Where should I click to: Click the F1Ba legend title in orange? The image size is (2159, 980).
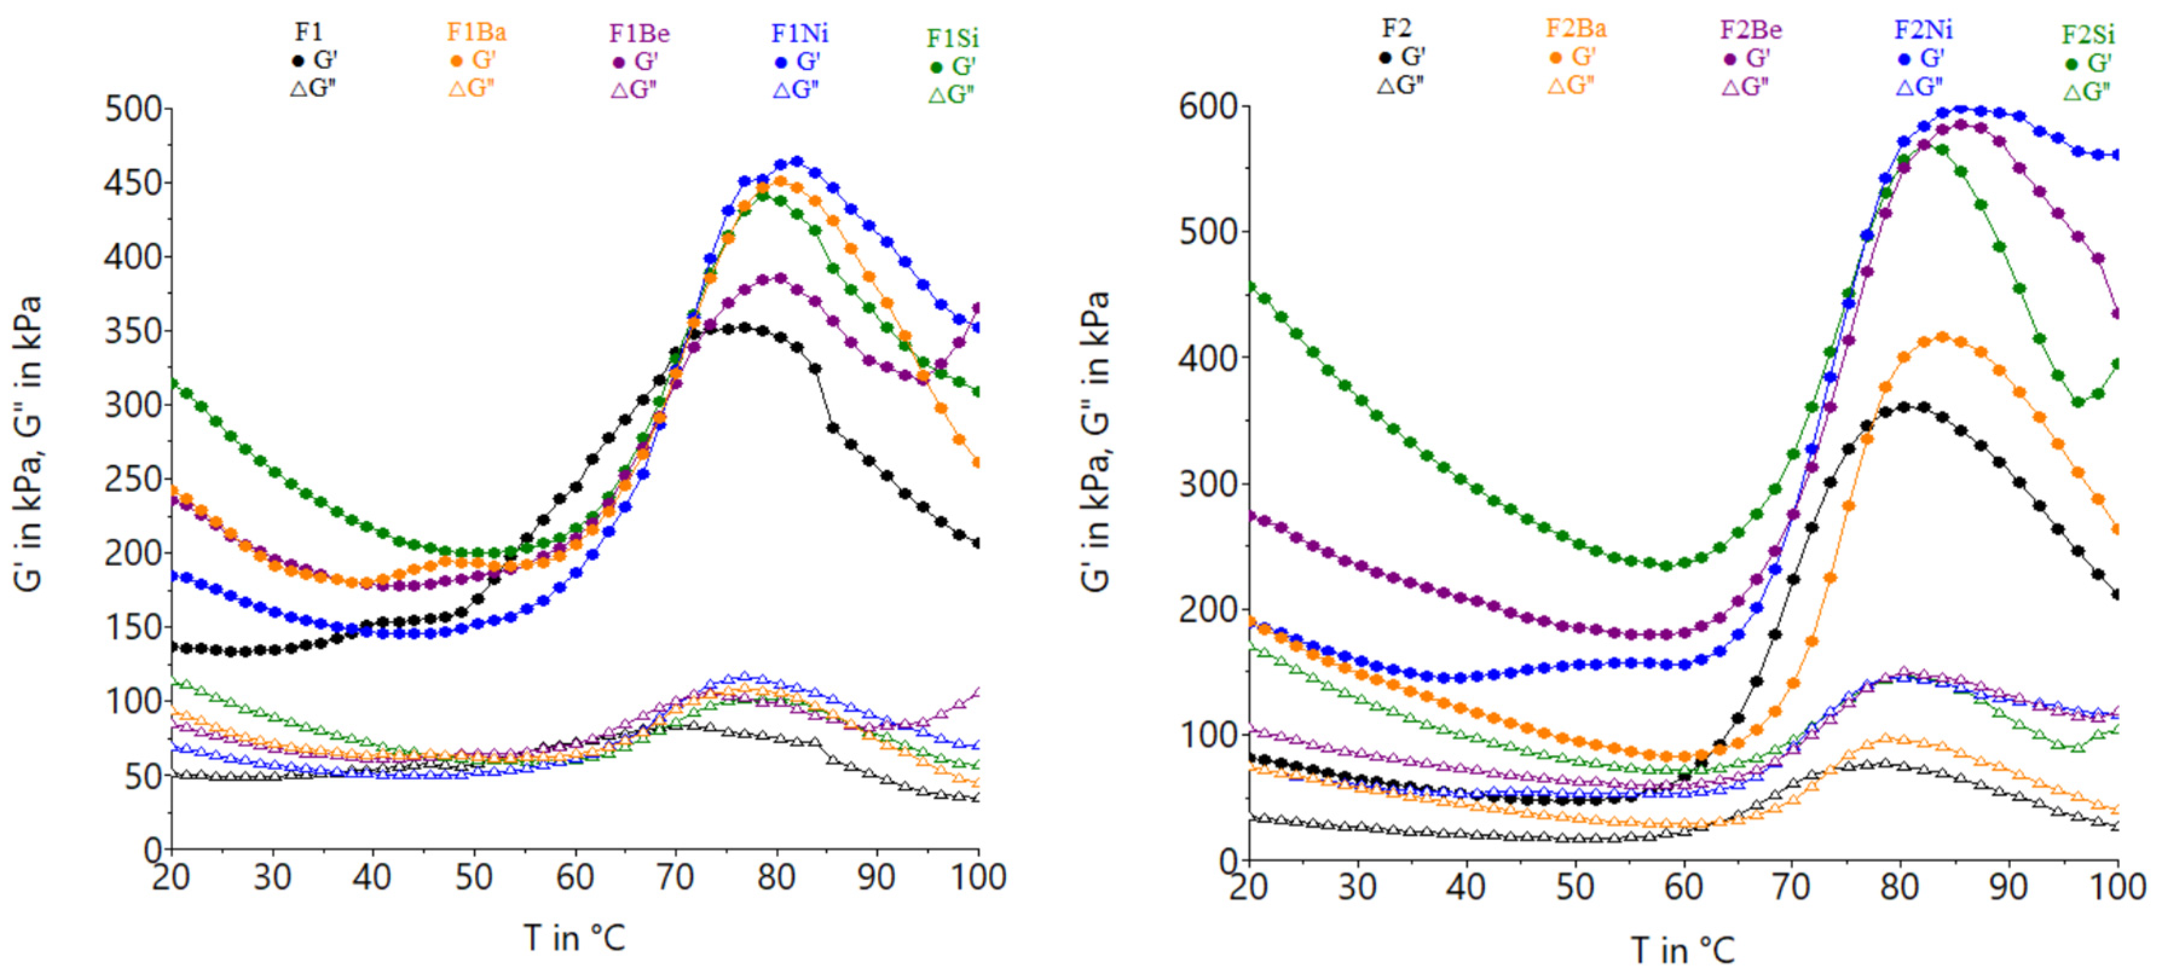click(x=476, y=32)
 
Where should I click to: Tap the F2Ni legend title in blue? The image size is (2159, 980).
click(x=1923, y=30)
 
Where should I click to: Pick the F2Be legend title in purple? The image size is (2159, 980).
click(x=1751, y=30)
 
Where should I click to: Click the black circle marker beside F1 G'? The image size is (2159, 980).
click(x=297, y=60)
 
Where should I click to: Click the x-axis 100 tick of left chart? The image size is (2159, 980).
click(x=978, y=876)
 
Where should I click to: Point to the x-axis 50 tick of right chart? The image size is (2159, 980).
click(x=1575, y=886)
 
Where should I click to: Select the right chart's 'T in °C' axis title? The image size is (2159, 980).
click(x=1683, y=950)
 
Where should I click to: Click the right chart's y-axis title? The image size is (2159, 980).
click(x=1096, y=442)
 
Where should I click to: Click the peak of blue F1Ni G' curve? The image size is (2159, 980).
click(x=797, y=161)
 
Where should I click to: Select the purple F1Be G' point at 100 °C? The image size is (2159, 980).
click(x=976, y=308)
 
